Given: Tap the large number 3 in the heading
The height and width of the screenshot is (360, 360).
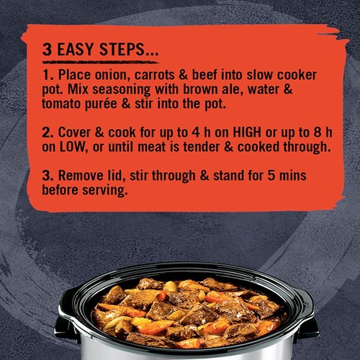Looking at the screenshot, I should click(47, 52).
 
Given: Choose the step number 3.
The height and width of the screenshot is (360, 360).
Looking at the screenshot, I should click(47, 176).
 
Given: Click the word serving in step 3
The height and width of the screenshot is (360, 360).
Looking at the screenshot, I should click(104, 191).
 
